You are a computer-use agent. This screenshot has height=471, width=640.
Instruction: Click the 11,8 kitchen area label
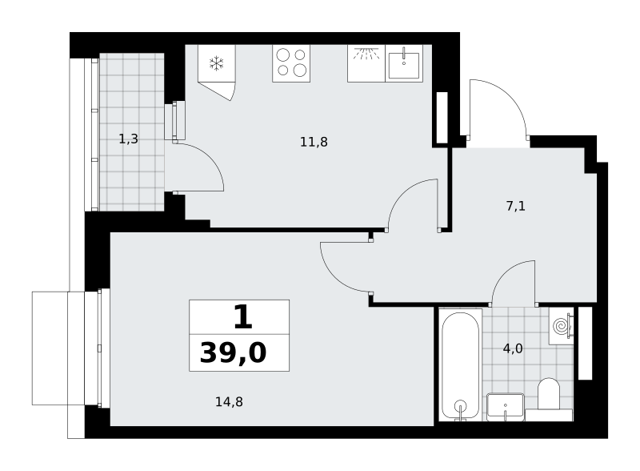(314, 142)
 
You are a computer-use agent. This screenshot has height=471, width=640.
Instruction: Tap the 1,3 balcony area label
(128, 139)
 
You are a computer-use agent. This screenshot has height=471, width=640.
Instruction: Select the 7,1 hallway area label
(515, 206)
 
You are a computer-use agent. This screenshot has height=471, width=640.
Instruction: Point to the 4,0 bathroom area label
(513, 348)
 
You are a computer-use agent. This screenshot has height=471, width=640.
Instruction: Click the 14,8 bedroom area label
(229, 402)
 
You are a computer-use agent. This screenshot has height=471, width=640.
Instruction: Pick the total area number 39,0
(233, 352)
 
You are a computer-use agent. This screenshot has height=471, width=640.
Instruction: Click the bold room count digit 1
(243, 317)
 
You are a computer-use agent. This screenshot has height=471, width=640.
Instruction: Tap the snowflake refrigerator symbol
(216, 63)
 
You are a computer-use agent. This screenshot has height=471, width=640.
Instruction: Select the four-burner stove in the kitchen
(291, 63)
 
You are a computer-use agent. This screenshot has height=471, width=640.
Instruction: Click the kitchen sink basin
(404, 66)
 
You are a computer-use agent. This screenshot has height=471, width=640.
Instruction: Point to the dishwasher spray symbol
(366, 54)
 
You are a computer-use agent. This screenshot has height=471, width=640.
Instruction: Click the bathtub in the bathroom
(461, 364)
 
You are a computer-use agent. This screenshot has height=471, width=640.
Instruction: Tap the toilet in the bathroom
(548, 395)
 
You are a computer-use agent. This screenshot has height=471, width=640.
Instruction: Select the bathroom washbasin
(506, 407)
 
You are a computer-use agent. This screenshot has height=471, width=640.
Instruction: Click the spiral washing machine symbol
(561, 325)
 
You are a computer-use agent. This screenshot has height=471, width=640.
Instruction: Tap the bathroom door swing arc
(506, 272)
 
